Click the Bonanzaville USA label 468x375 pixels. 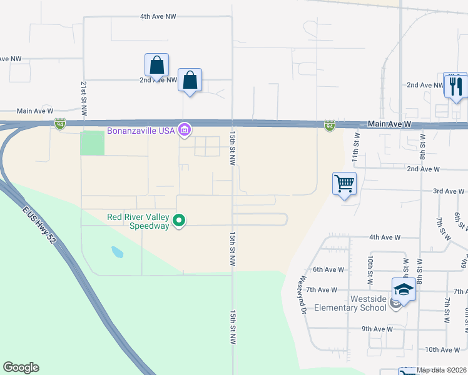[x=141, y=131]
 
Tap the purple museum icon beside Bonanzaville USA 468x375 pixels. [x=184, y=131]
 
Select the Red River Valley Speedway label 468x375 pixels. [x=138, y=221]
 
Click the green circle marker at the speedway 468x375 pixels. [x=179, y=221]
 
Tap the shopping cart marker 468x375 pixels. [x=344, y=184]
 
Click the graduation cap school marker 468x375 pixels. [x=404, y=289]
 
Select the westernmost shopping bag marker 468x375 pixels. [x=156, y=65]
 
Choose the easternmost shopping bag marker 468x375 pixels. [x=190, y=81]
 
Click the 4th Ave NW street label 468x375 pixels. [x=158, y=17]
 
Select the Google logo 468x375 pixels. [x=21, y=367]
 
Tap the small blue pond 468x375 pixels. [x=117, y=252]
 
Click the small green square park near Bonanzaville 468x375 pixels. [x=92, y=143]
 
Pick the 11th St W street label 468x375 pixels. [x=357, y=148]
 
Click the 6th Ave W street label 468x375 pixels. [x=328, y=269]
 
